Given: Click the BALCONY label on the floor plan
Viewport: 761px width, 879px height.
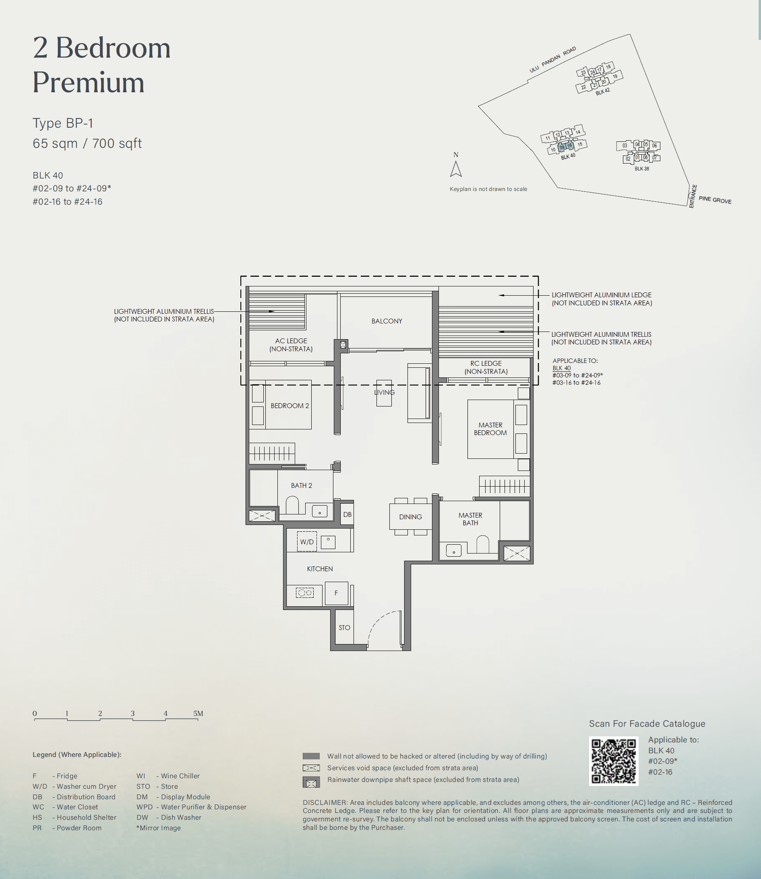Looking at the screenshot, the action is tap(387, 321).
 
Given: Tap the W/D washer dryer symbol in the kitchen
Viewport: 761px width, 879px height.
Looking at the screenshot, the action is tap(306, 542).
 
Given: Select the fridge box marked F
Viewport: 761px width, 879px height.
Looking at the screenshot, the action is tap(336, 593).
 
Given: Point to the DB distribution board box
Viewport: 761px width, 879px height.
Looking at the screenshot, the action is tap(347, 514).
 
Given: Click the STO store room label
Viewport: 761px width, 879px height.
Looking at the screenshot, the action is tap(344, 628).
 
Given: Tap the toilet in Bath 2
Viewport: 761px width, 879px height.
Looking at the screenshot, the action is tap(292, 506).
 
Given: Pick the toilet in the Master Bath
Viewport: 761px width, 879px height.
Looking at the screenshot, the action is tap(482, 544).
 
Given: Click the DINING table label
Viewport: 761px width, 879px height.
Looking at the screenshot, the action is tap(410, 517).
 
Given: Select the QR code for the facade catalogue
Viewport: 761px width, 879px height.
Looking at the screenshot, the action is tap(614, 761).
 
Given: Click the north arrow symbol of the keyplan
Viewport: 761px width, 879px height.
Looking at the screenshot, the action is tap(456, 169).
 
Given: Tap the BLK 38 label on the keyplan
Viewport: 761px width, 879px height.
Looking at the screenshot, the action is tap(642, 169).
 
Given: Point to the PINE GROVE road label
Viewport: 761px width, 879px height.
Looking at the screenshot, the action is tap(715, 200).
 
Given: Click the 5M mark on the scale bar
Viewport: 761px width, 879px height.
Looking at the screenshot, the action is tap(198, 713).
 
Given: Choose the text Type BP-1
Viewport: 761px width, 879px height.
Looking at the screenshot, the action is tap(63, 123).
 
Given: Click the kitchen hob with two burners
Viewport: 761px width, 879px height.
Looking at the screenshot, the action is tap(304, 593).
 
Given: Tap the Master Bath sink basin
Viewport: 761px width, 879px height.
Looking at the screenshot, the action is tap(453, 551).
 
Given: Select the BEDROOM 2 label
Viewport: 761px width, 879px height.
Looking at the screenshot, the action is tap(290, 406).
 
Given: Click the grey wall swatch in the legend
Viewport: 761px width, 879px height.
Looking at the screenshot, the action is tap(311, 756).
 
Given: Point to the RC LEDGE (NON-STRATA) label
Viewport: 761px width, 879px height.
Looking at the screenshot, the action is tap(486, 367).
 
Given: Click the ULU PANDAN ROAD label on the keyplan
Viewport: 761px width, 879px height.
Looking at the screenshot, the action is tap(552, 60).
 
